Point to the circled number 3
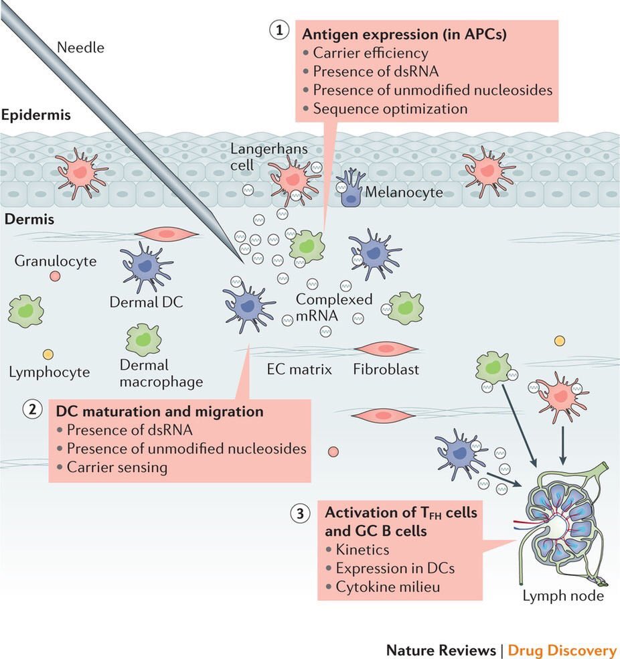301,514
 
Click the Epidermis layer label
35,115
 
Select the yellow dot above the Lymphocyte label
48,354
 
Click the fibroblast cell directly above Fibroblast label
379,349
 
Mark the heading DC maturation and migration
159,411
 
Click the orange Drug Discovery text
562,650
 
